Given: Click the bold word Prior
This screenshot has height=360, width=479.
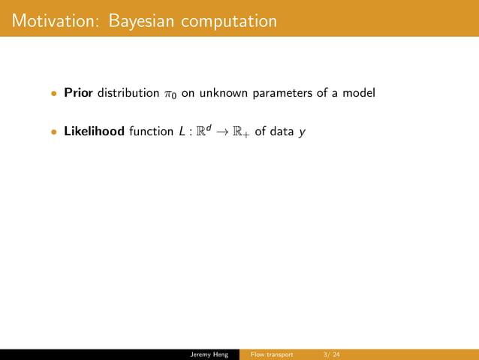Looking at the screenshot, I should pyautogui.click(x=78, y=94).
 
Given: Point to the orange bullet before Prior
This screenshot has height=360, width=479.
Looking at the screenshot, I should pyautogui.click(x=53, y=95).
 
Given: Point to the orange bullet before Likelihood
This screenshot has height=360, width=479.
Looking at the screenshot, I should pyautogui.click(x=53, y=133).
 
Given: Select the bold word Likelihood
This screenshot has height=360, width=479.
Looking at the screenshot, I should pyautogui.click(x=94, y=132).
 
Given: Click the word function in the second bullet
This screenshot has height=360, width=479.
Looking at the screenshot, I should pyautogui.click(x=151, y=132).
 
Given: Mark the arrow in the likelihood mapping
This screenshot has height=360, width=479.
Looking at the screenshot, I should pyautogui.click(x=221, y=133).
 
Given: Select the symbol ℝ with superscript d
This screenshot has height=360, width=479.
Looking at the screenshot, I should pyautogui.click(x=203, y=132).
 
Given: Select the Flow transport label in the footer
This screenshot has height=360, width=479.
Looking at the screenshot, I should pyautogui.click(x=272, y=354).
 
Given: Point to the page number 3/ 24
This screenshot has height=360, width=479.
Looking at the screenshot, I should pyautogui.click(x=331, y=354).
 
